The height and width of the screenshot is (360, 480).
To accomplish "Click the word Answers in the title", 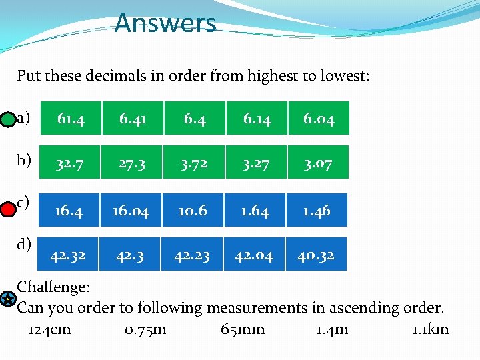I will point(165,24).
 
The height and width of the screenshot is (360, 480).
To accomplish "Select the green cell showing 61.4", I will point(71,118).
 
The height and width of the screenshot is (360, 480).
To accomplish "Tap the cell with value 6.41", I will point(133,118).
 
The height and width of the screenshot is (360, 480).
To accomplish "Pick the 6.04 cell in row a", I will point(319,118).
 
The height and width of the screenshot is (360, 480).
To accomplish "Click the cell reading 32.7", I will point(71,163).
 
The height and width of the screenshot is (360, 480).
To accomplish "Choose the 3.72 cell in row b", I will point(195,163).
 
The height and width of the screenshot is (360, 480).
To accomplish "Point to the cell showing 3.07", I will point(319,163).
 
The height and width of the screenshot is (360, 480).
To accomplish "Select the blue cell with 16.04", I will point(131,211).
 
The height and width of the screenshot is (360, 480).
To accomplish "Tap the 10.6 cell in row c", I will point(193,211).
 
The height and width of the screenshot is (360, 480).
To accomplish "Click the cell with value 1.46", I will point(316,211).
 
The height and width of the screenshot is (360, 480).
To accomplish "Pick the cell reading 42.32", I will point(68,254).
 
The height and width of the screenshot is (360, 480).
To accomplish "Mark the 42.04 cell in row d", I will point(253,254).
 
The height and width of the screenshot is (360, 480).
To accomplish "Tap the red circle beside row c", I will point(7,210).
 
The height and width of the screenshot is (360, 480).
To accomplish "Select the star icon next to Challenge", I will point(6,299).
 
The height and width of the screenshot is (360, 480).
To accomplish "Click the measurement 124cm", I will point(50,329).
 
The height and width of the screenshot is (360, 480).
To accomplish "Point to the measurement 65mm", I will point(243,329).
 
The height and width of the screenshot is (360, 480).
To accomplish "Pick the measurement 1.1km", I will point(430,329).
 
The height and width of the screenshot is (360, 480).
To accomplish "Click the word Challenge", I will point(53,287).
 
